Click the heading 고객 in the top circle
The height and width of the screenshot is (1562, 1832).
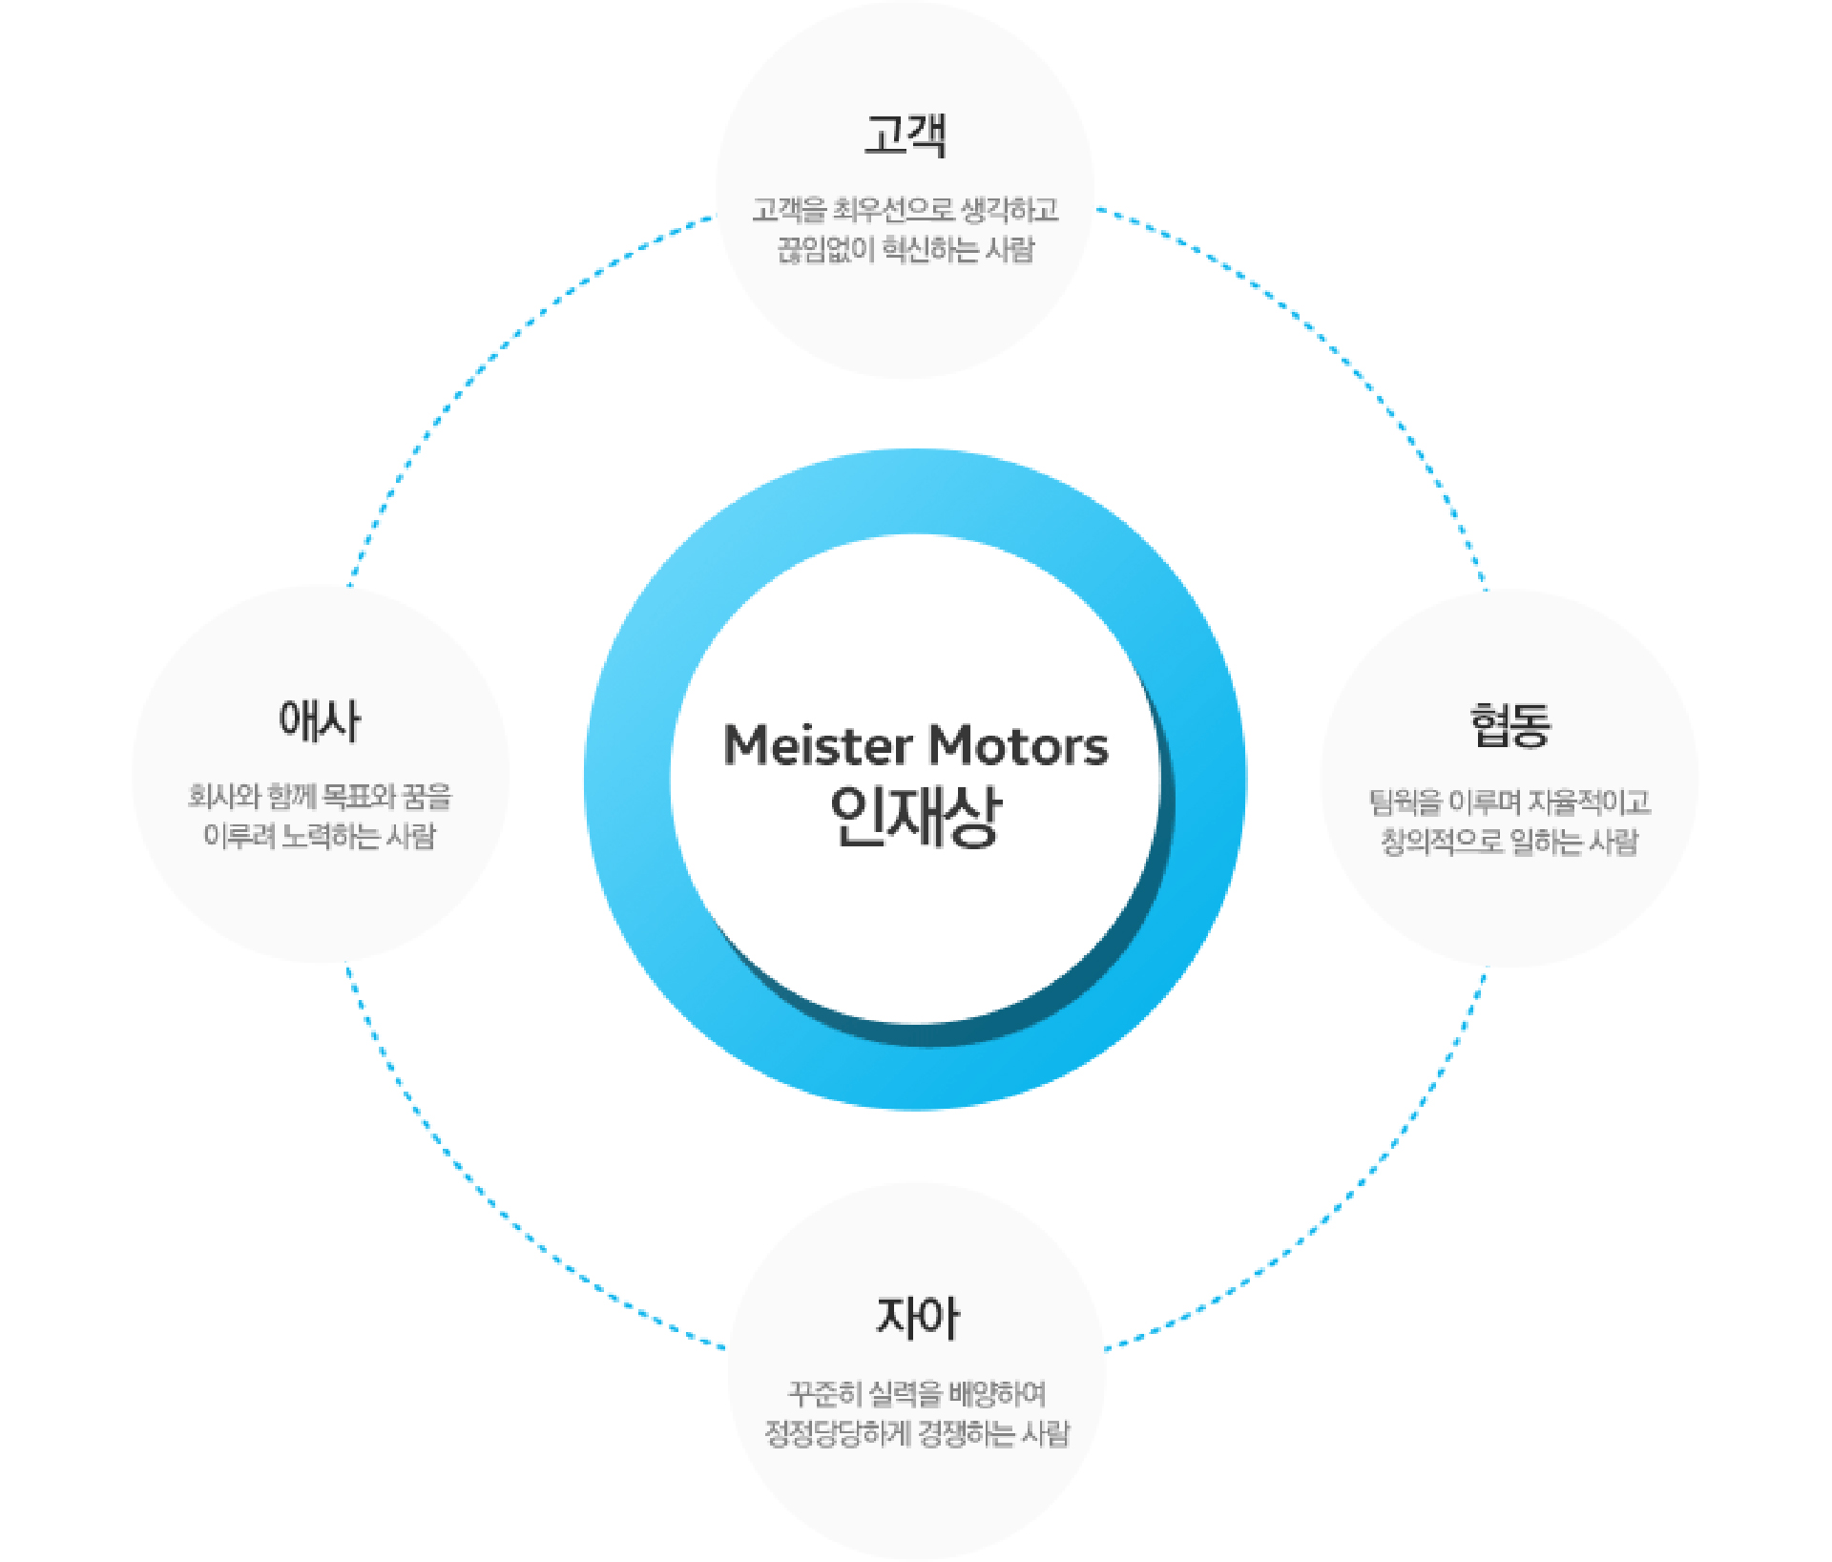[906, 135]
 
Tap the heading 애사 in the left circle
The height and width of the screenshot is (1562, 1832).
[320, 720]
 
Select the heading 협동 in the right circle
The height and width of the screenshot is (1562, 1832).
[1510, 726]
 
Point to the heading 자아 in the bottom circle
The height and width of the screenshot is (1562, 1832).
[918, 1318]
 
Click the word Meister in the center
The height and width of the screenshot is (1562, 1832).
[818, 745]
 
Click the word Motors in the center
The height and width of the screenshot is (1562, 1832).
[1019, 746]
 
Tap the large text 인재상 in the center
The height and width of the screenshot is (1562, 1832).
[916, 817]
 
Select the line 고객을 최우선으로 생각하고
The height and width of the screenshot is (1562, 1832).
[906, 210]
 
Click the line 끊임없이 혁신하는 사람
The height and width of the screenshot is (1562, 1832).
[906, 250]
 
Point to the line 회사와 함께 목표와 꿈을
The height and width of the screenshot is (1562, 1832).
[320, 796]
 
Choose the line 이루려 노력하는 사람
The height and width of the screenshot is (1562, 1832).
[320, 836]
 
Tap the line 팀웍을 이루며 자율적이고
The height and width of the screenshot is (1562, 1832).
[1509, 802]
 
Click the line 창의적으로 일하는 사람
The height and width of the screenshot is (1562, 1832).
[1509, 842]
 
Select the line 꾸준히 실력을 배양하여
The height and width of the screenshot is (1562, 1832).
[917, 1394]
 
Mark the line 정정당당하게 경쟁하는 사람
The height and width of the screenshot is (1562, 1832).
[917, 1433]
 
